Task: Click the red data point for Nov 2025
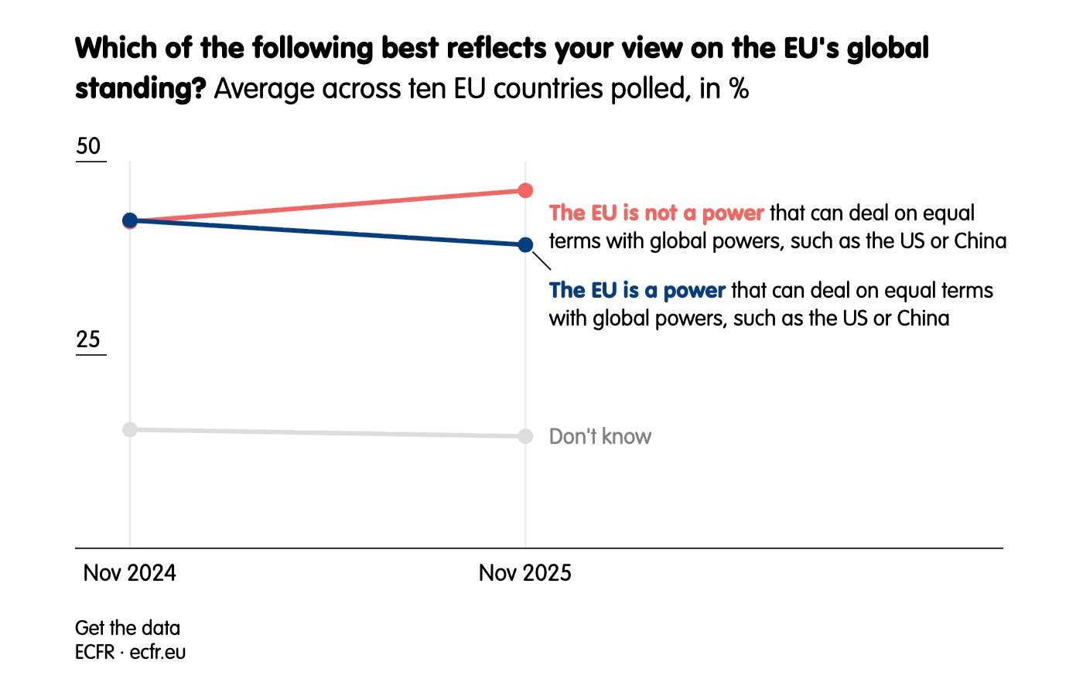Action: point(525,190)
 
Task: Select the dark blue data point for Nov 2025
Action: point(525,244)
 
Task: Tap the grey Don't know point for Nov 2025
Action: point(525,436)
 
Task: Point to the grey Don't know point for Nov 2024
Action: point(130,429)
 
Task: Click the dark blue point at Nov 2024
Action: point(130,220)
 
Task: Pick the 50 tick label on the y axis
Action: point(89,146)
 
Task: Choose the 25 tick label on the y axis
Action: point(89,339)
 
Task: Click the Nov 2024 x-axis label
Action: point(130,573)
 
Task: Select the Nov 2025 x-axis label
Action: point(525,573)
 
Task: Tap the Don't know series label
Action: point(600,437)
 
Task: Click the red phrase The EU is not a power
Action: point(656,213)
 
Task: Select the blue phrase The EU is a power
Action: point(637,291)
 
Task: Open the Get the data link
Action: point(128,628)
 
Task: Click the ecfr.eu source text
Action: point(158,652)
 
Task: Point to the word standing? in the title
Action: point(140,89)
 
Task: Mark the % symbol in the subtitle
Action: point(739,89)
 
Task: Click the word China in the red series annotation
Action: point(980,241)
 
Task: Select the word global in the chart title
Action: point(887,48)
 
